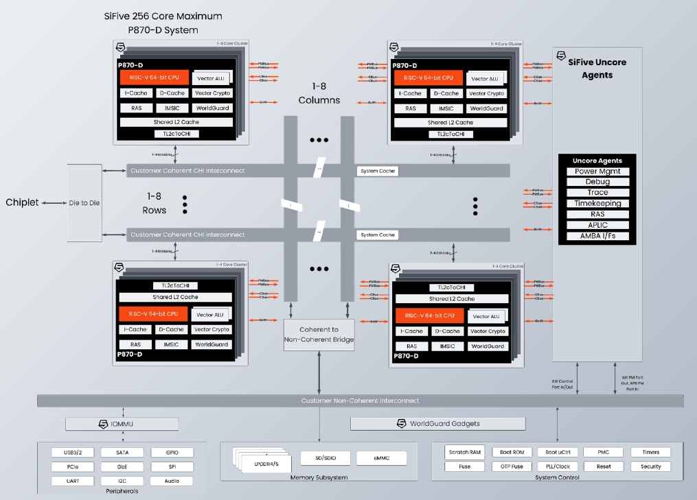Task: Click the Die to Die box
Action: (x=84, y=202)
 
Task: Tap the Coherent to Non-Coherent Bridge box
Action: (x=319, y=335)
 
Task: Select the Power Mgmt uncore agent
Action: (x=597, y=171)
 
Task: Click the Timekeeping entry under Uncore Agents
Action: (x=597, y=204)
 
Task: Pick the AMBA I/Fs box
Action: (x=597, y=237)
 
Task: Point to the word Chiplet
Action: (x=22, y=202)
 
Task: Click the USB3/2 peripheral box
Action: (x=72, y=453)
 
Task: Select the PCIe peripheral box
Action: (x=72, y=466)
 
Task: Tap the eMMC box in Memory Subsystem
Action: (x=381, y=457)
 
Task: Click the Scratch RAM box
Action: (x=465, y=453)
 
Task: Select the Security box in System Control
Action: (x=650, y=466)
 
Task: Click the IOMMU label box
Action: (x=122, y=424)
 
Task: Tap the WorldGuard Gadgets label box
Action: (x=437, y=424)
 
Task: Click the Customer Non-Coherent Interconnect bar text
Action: (x=360, y=401)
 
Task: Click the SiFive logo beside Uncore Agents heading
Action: (x=561, y=56)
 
